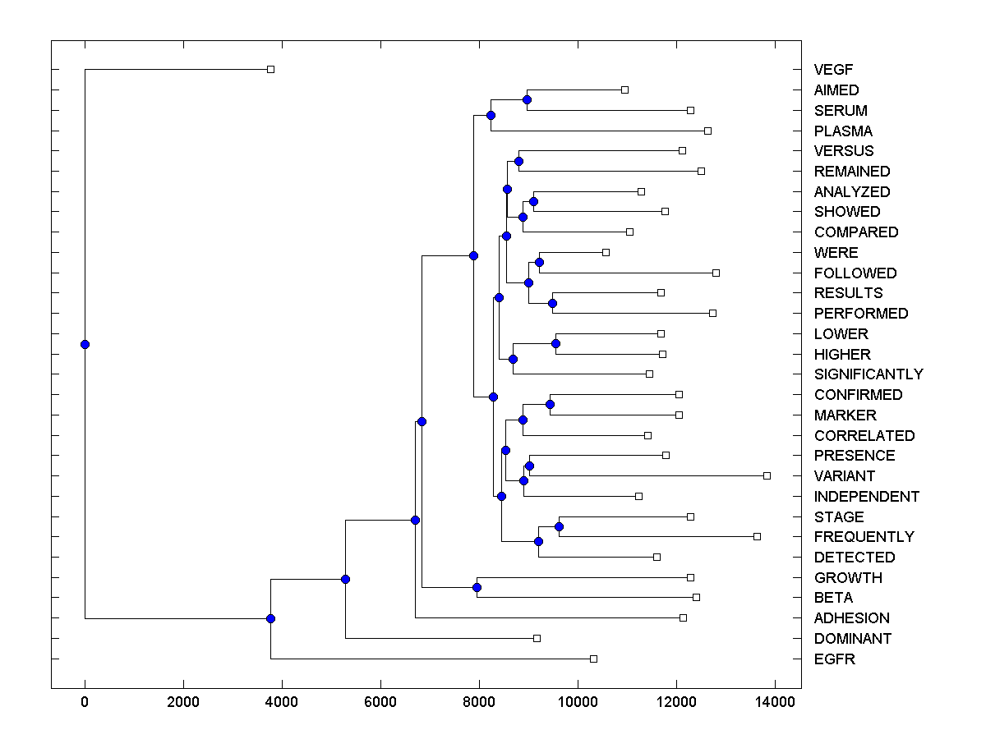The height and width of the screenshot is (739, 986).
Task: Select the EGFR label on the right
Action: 834,659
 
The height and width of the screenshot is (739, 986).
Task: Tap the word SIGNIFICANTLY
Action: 869,374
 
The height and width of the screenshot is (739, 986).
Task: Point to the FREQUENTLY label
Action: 864,537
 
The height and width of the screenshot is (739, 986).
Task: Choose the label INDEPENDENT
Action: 867,497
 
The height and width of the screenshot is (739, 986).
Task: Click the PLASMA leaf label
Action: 843,131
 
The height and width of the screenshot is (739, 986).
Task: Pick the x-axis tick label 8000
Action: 479,702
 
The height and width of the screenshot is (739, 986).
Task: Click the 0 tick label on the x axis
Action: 85,702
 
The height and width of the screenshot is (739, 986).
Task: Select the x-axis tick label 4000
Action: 282,702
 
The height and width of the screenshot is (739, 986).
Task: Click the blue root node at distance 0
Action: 85,344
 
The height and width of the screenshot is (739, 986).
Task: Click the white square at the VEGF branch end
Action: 270,69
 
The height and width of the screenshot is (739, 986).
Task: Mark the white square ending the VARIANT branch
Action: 767,475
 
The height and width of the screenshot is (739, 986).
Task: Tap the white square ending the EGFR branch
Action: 593,659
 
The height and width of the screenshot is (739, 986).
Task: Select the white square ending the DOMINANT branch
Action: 537,638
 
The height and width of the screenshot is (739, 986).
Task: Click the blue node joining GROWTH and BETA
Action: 477,587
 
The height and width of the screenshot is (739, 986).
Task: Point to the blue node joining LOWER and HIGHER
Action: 555,343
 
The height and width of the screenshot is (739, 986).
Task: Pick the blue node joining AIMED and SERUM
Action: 527,99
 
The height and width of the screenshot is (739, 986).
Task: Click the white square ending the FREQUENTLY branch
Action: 757,536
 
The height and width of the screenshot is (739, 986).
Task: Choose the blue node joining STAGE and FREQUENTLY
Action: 559,526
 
